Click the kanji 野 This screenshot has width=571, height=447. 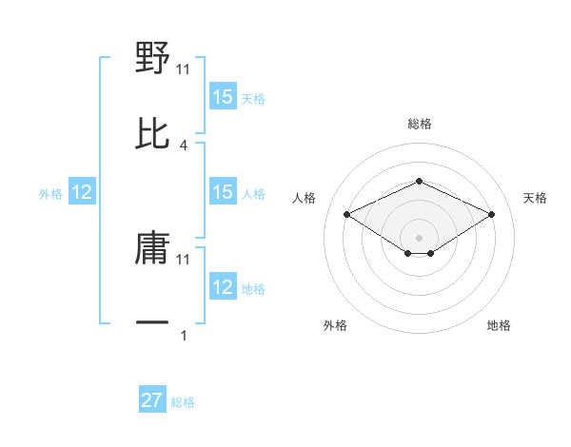pos(152,59)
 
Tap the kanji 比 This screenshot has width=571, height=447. pos(152,133)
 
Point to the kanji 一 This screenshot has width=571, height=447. pos(152,322)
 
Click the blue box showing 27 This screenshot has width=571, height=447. pos(152,400)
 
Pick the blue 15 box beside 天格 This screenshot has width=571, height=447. pos(223,97)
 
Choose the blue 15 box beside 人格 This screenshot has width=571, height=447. pos(223,192)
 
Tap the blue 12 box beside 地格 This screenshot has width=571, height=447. pos(223,287)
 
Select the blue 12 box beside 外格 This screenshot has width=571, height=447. pos(82,192)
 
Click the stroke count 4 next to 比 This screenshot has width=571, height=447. pos(184,145)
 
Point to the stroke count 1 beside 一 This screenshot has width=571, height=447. pos(184,335)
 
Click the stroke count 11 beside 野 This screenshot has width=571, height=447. pos(184,68)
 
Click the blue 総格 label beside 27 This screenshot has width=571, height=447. pos(183,402)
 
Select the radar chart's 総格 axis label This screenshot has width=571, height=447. pos(419,124)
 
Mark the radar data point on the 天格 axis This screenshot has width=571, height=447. pos(491,214)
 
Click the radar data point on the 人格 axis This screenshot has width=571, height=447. pos(347,214)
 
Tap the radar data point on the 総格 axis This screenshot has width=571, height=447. pos(419,181)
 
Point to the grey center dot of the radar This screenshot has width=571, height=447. pos(419,237)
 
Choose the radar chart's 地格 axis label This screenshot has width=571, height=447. pos(499,325)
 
